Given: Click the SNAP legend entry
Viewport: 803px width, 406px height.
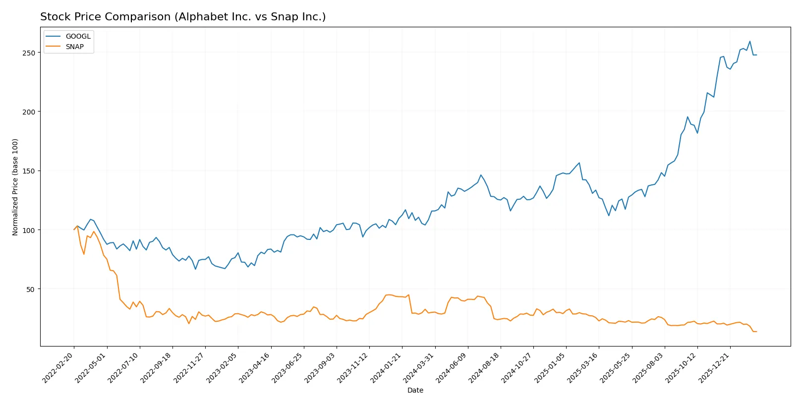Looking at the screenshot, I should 74,47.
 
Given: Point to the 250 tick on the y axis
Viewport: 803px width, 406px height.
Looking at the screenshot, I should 29,53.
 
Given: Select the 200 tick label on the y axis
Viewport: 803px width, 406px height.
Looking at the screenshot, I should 29,112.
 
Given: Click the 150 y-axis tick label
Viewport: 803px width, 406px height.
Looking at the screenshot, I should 29,171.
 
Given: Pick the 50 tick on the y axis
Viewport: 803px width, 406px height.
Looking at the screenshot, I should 30,290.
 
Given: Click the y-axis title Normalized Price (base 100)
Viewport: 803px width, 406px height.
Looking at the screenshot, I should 15,187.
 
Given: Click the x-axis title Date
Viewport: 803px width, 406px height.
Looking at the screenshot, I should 415,390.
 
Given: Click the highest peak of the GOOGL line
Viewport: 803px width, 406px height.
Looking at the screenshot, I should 749,41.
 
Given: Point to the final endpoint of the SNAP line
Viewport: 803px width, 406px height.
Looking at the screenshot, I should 756,332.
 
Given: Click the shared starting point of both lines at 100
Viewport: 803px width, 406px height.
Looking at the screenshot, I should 74,230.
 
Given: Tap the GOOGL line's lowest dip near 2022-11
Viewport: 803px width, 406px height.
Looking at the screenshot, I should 195,269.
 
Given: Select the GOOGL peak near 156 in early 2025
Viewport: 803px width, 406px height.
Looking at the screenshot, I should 579,163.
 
